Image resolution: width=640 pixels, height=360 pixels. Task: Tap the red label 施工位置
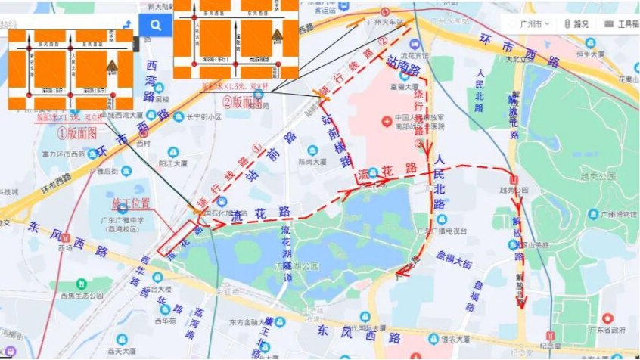(x=131, y=203)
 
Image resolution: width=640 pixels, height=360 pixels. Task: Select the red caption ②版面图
(x=241, y=102)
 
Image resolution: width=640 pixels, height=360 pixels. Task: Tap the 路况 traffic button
(x=576, y=23)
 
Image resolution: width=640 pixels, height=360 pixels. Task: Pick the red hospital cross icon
(x=386, y=118)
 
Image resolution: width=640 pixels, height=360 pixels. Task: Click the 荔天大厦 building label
(x=120, y=350)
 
